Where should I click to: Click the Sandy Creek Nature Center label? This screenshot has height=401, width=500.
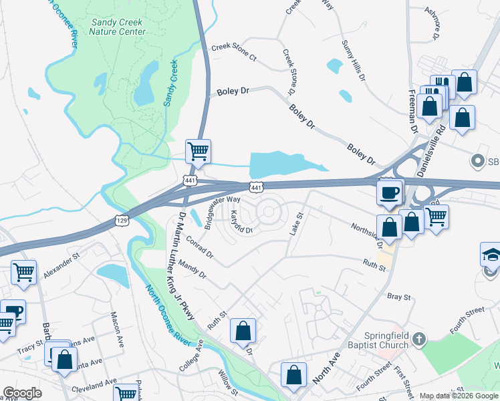click(118, 27)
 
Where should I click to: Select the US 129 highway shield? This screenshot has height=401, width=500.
click(121, 220)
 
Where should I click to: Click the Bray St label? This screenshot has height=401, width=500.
click(398, 295)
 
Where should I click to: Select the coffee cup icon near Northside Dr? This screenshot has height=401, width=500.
click(390, 192)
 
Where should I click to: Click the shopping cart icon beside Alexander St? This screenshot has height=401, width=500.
click(24, 272)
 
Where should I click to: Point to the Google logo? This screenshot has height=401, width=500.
click(22, 393)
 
